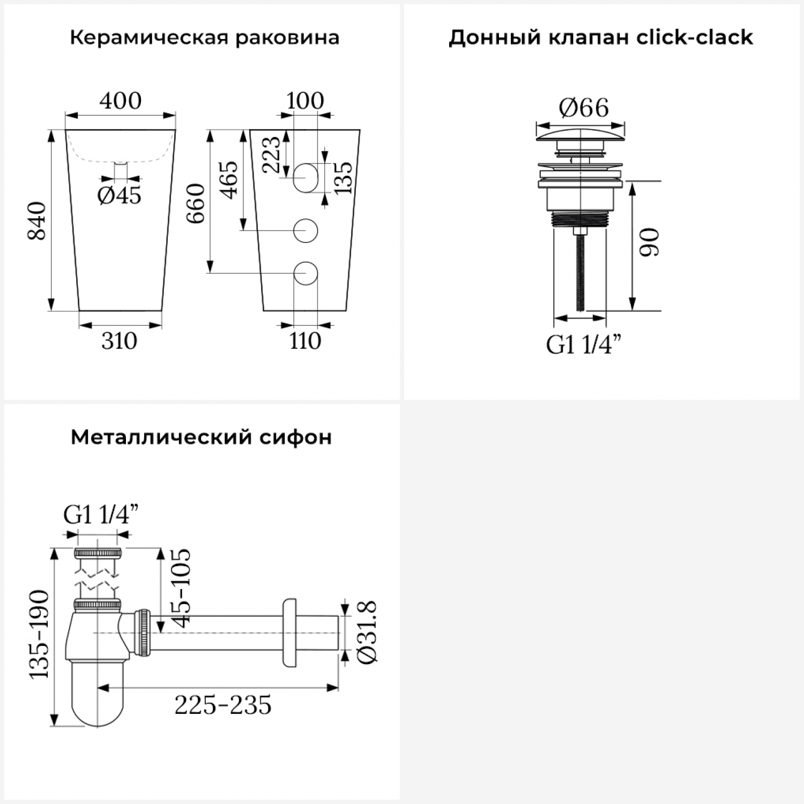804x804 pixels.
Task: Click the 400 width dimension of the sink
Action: (121, 101)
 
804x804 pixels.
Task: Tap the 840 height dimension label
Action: (38, 220)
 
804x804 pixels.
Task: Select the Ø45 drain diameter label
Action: (120, 196)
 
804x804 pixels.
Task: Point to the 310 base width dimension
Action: (119, 341)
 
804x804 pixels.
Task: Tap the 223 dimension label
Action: (271, 154)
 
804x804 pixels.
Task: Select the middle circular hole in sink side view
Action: (306, 230)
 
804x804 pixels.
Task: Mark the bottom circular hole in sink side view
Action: (306, 273)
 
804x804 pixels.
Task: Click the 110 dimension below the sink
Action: (305, 341)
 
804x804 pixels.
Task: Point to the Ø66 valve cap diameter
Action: (584, 108)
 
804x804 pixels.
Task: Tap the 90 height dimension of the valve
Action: (650, 242)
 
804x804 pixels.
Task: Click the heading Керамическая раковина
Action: (204, 38)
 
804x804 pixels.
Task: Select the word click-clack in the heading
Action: (695, 37)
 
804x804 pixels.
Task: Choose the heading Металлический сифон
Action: (201, 437)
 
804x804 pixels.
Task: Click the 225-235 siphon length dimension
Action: (223, 705)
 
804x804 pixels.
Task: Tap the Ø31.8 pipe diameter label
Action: (368, 632)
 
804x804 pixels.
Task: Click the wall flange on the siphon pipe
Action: (289, 632)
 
